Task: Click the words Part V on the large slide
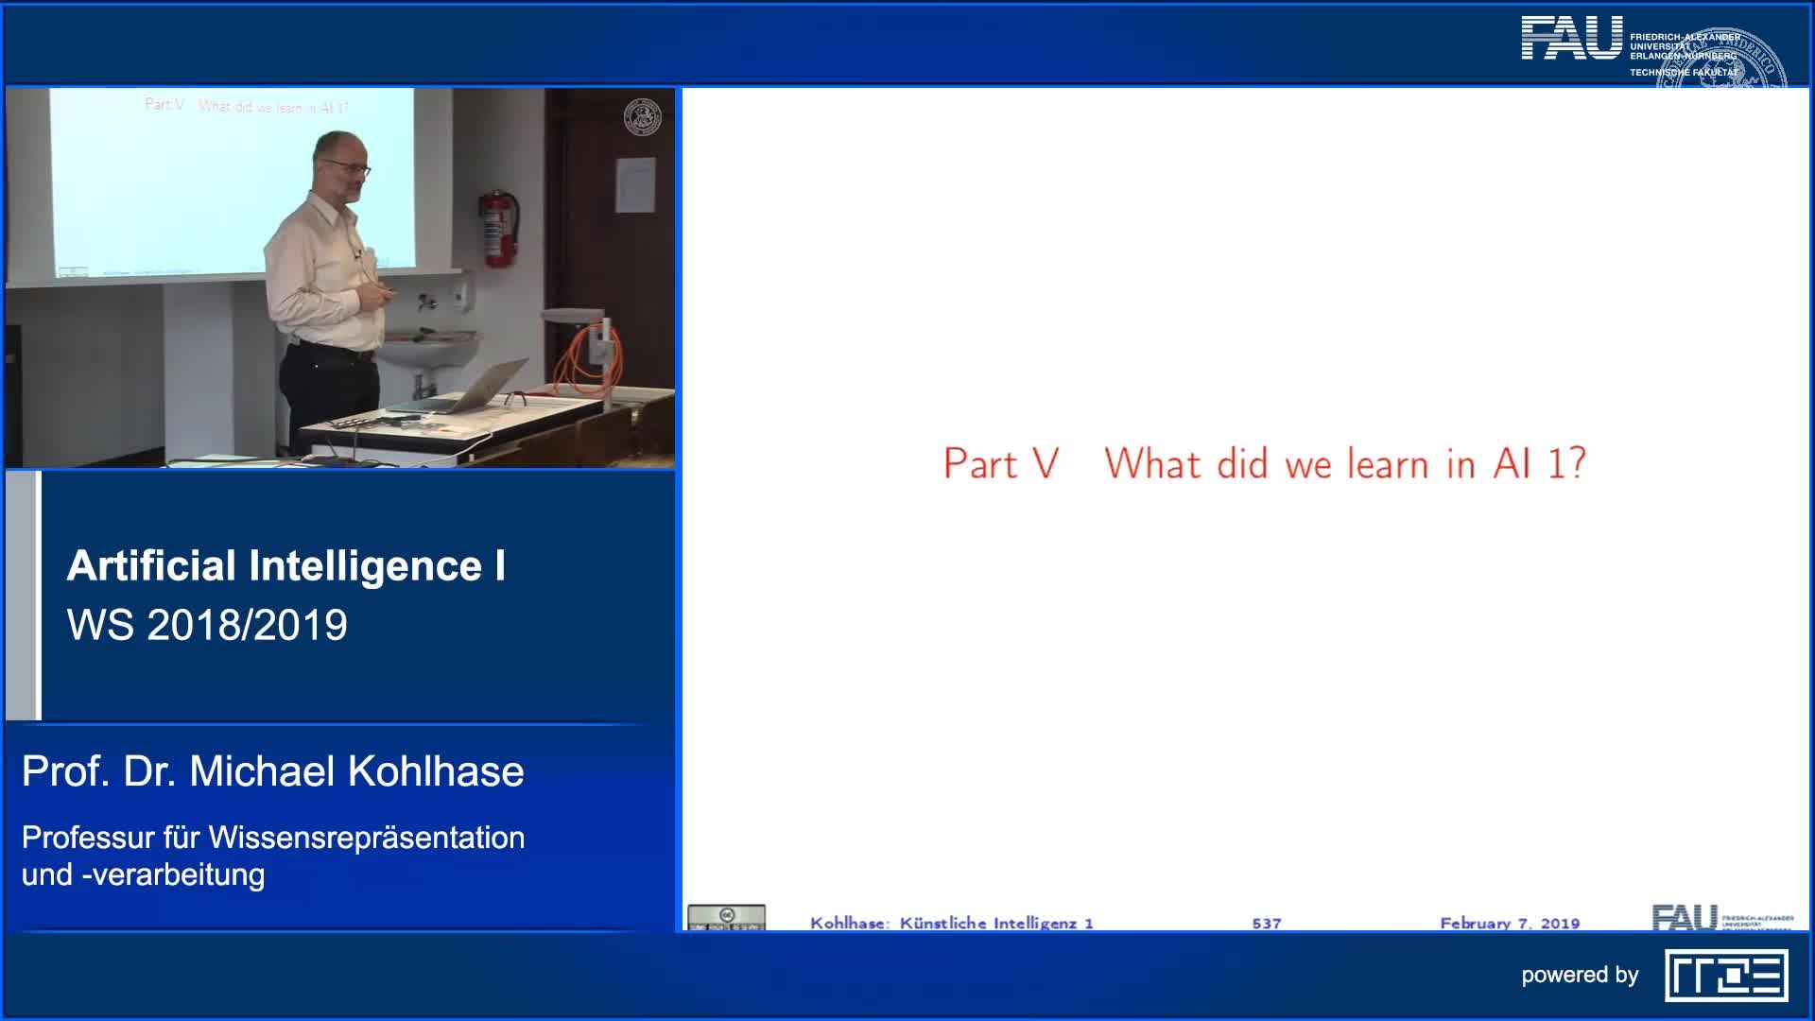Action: [x=1000, y=464]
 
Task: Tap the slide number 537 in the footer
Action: [x=1266, y=923]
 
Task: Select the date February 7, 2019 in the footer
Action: [x=1510, y=923]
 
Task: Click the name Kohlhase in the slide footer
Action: [x=847, y=923]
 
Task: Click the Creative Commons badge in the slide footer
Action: [x=726, y=918]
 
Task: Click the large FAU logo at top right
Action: [x=1571, y=39]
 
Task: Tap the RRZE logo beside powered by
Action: [x=1726, y=976]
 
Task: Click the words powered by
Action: [x=1579, y=975]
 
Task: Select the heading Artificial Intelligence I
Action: [x=285, y=565]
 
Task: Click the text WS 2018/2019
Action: [x=207, y=625]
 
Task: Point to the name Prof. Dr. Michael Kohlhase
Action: [x=272, y=771]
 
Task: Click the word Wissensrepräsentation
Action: [x=366, y=838]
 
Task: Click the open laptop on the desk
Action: [x=473, y=389]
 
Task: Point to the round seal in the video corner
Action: [x=643, y=117]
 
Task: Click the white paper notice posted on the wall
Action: [x=634, y=184]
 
